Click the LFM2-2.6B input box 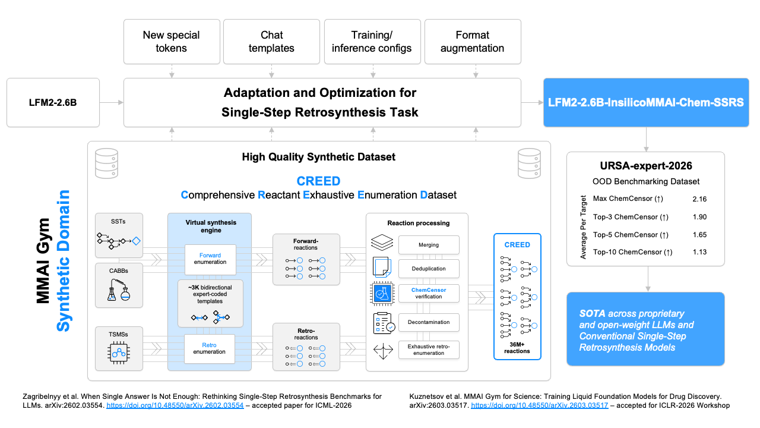coord(53,103)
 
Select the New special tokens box coord(172,42)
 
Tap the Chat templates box coord(271,42)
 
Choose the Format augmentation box coord(473,42)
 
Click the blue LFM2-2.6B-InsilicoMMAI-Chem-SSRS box coord(646,103)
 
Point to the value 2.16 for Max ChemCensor coord(699,199)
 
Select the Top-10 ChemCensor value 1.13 coord(699,252)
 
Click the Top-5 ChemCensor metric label coord(631,235)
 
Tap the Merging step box coord(429,245)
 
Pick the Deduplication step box coord(429,269)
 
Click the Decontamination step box coord(429,322)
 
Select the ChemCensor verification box coord(429,293)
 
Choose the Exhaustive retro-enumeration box coord(429,350)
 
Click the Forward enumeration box coord(210,259)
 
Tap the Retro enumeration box coord(210,348)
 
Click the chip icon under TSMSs coord(119,353)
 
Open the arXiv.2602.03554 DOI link coord(175,405)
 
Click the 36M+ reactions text coord(517,348)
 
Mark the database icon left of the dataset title coord(106,163)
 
